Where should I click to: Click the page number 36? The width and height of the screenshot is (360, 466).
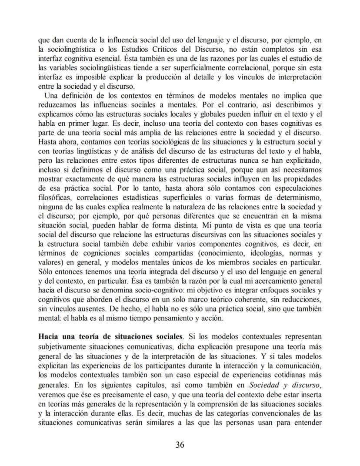coord(180,444)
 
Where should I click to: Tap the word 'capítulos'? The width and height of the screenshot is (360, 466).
coord(127,385)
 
